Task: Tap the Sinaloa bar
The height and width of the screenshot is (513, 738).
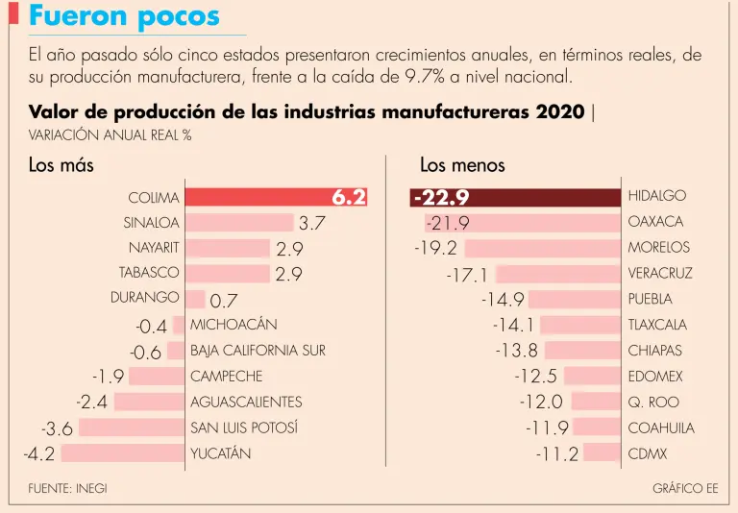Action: coord(238,223)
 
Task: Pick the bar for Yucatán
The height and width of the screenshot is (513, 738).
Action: coord(123,452)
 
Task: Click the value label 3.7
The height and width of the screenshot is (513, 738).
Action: coord(313,224)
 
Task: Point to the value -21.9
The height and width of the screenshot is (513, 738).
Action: coord(448,224)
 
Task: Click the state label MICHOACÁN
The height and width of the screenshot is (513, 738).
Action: coord(234,325)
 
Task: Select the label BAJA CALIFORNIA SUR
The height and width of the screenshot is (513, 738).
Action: coord(258,351)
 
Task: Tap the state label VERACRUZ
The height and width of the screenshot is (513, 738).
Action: coord(660,274)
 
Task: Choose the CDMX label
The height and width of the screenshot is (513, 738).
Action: coord(648,453)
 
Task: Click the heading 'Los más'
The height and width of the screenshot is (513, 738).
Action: coord(61,165)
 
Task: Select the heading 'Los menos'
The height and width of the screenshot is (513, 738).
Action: coord(462,165)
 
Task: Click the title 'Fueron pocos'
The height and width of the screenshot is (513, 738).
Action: coord(124,16)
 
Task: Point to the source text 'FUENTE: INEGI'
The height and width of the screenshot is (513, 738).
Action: coord(67,488)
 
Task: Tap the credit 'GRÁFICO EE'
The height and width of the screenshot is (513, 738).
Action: coord(685,488)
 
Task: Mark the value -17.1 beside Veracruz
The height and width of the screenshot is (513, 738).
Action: coord(467,276)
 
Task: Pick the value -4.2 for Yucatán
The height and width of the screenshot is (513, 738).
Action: coord(39,453)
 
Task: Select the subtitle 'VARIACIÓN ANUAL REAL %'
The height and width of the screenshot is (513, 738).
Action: coord(111,134)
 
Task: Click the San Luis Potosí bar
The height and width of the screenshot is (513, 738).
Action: coord(132,427)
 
